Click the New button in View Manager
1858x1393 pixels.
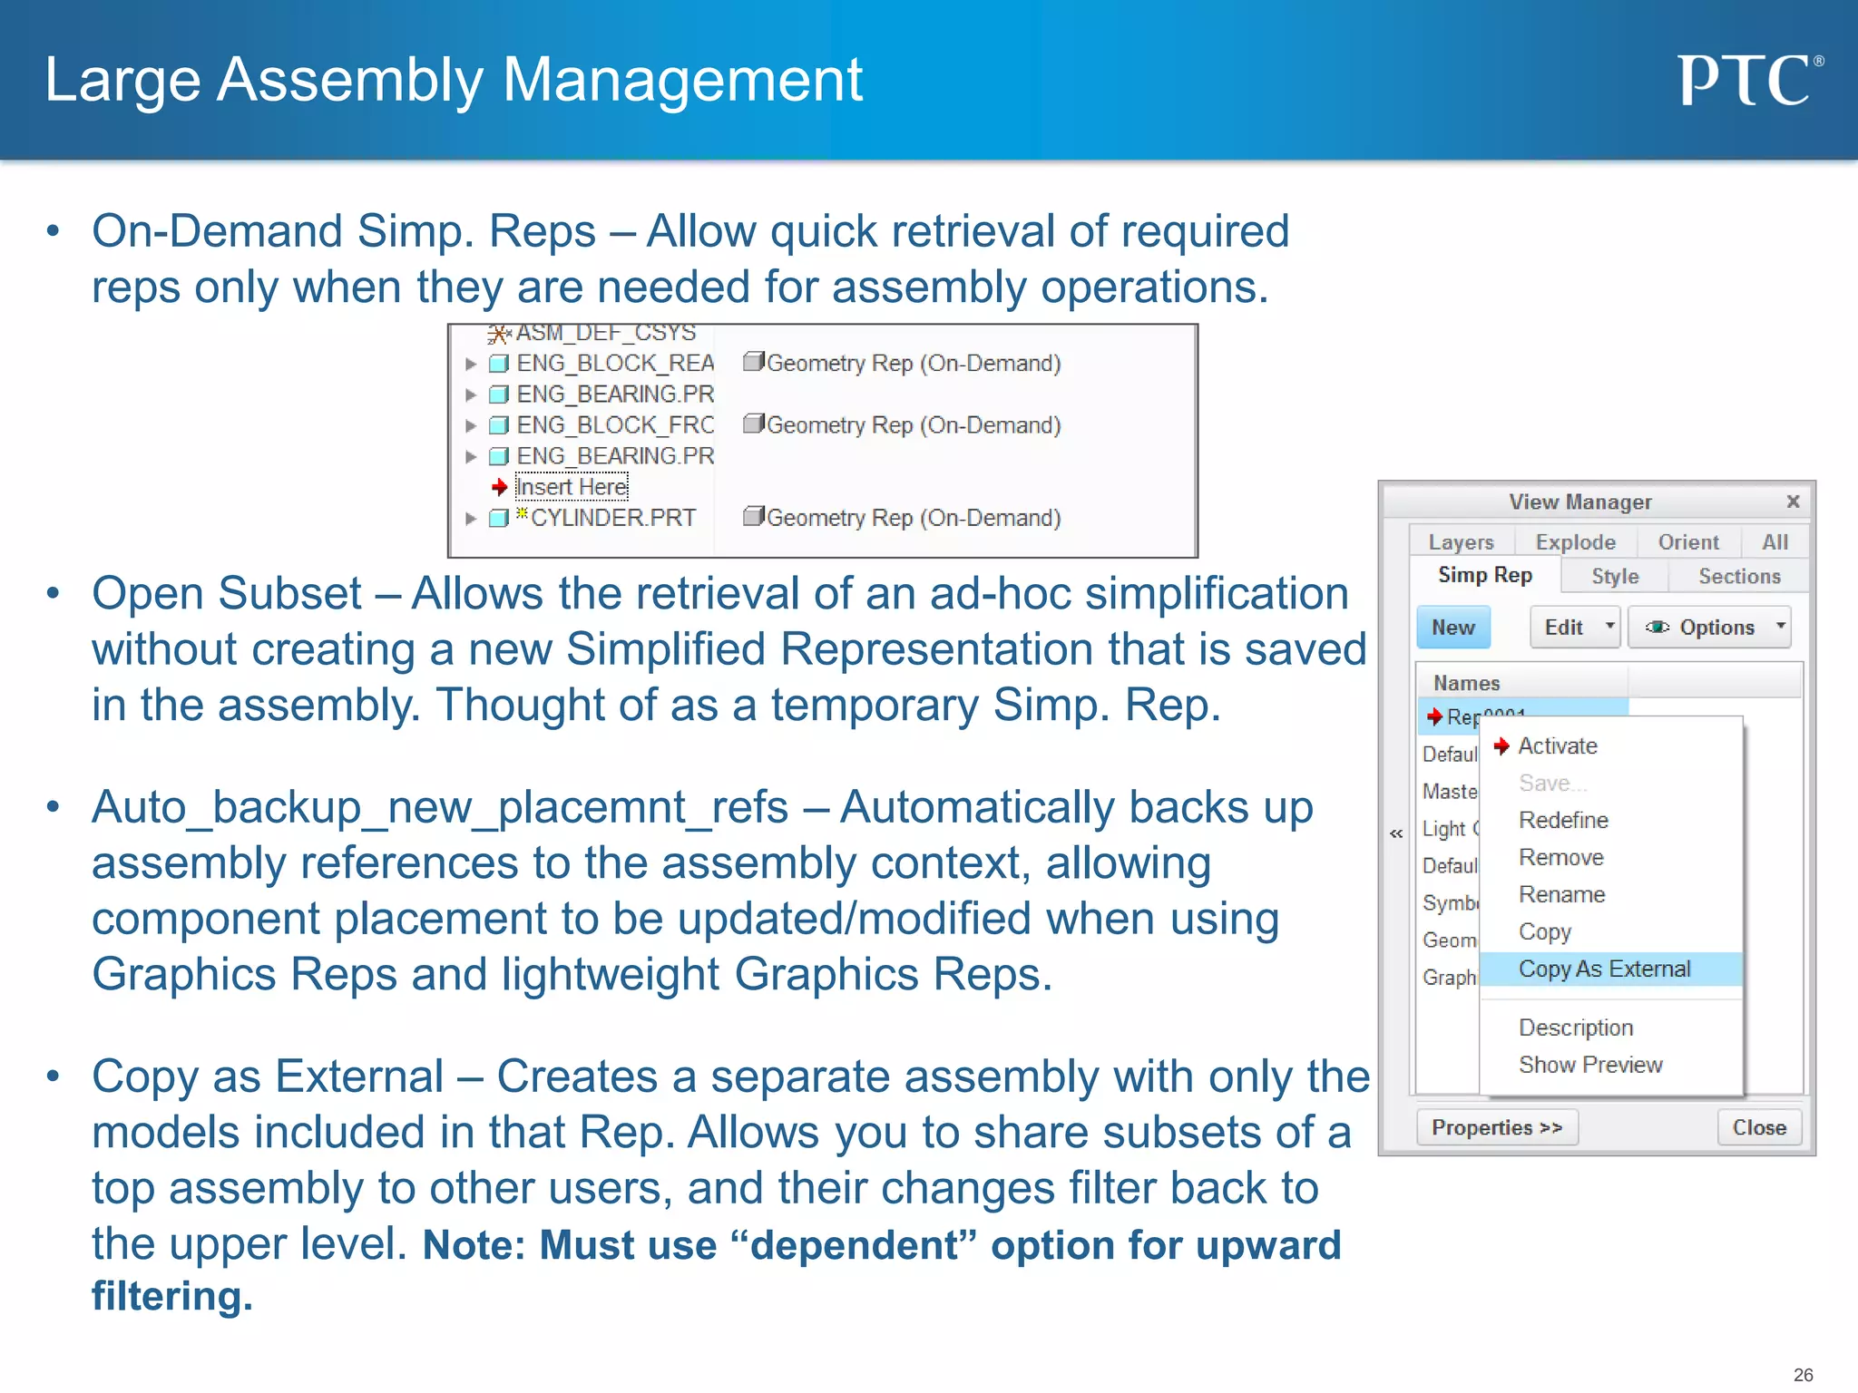pos(1452,628)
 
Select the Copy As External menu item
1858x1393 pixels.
pos(1604,969)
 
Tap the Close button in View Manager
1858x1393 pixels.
pos(1758,1127)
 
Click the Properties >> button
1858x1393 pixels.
pos(1496,1127)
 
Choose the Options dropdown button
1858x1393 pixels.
pos(1709,628)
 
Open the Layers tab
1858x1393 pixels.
pos(1461,542)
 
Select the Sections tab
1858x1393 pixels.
pos(1738,577)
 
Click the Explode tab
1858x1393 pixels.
pos(1575,542)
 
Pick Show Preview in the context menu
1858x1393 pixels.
pos(1589,1065)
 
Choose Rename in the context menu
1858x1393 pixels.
pos(1561,895)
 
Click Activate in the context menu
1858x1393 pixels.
pos(1557,746)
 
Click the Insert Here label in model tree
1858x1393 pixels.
pos(572,487)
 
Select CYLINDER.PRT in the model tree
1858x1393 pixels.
pos(612,518)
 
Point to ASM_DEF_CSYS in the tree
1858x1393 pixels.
pos(605,334)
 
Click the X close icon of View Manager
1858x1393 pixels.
pos(1793,502)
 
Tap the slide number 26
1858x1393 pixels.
pos(1803,1375)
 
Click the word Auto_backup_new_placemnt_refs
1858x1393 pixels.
pos(439,807)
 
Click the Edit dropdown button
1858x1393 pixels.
pos(1574,628)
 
